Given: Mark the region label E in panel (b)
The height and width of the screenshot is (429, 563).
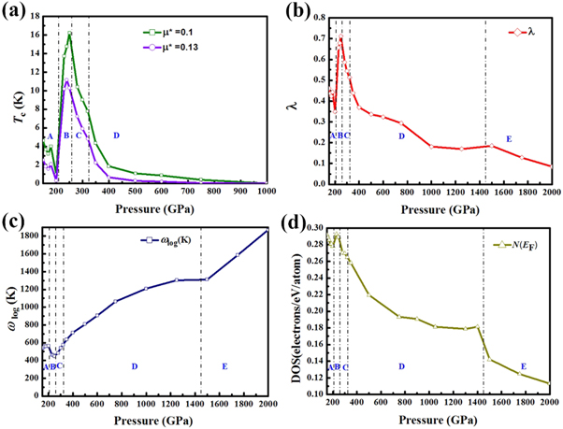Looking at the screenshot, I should point(508,138).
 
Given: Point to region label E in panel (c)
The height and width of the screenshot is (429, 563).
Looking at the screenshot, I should point(224,366).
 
